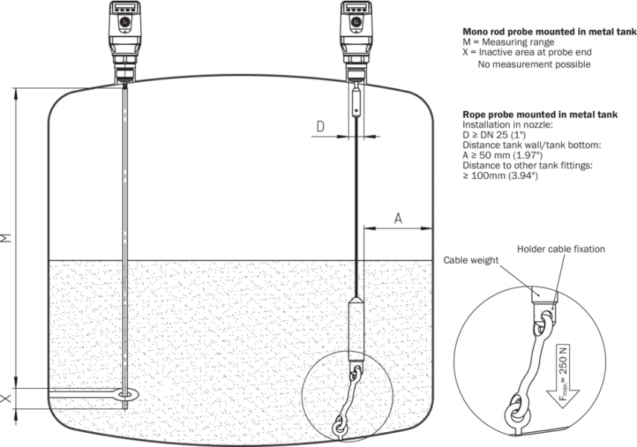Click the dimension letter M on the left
[x=7, y=238]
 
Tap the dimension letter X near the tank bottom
[x=7, y=399]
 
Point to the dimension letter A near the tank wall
[x=398, y=218]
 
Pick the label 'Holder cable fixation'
[x=561, y=249]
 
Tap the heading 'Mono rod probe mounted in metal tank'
[x=549, y=32]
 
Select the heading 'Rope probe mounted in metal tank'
[x=540, y=114]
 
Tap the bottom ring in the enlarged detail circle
[x=516, y=411]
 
